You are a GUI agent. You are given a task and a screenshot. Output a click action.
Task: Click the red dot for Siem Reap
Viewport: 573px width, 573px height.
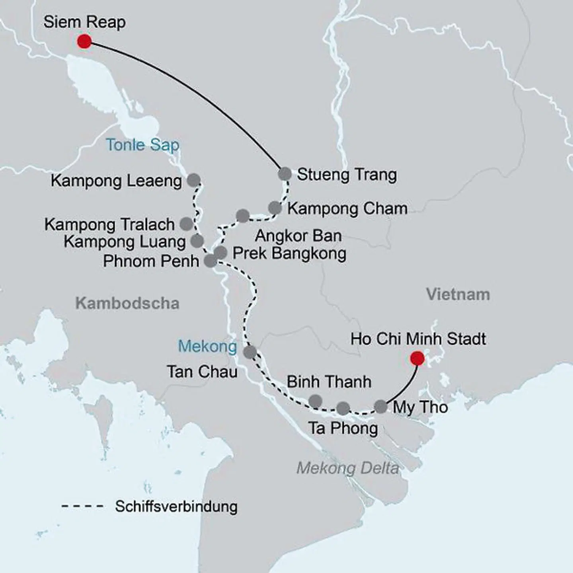tap(84, 41)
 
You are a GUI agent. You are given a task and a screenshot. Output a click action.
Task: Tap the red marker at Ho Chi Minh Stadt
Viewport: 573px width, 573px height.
tap(417, 359)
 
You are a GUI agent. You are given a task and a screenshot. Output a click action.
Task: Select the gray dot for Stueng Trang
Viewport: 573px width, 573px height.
tap(285, 173)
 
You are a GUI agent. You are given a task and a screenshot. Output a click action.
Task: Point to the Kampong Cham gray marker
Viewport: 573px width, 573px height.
tap(275, 208)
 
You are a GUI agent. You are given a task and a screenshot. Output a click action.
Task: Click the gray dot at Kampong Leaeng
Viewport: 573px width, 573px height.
tap(193, 180)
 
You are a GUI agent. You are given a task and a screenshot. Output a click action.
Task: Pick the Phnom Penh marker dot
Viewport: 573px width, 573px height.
tap(210, 261)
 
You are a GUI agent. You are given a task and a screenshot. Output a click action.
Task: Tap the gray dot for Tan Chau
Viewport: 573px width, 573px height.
tap(250, 352)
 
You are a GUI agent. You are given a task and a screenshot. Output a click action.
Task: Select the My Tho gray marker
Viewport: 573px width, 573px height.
tap(381, 407)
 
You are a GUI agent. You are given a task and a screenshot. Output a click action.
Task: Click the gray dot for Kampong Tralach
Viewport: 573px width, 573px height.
tap(186, 224)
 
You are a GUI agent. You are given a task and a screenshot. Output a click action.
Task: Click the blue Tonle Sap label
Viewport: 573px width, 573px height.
tap(142, 145)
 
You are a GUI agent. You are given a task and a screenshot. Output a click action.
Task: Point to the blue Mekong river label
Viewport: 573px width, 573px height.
tap(207, 346)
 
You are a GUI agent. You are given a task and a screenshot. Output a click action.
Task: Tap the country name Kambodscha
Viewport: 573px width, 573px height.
tap(127, 303)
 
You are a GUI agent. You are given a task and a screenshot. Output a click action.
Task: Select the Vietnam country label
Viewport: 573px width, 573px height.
tap(458, 294)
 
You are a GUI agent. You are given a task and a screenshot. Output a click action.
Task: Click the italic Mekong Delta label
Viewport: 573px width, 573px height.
tap(347, 468)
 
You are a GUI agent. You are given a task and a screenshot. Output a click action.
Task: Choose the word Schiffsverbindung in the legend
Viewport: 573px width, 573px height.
tap(176, 507)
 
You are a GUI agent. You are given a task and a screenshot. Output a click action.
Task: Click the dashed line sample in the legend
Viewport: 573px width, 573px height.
tap(82, 507)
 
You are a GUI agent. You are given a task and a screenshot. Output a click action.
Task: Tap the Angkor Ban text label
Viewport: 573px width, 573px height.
tap(298, 236)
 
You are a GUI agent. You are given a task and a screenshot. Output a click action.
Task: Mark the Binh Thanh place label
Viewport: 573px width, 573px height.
tap(329, 382)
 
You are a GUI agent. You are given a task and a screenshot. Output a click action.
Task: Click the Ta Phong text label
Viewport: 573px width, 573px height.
tap(343, 429)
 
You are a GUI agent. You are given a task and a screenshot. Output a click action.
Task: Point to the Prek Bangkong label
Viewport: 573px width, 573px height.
tap(289, 253)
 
